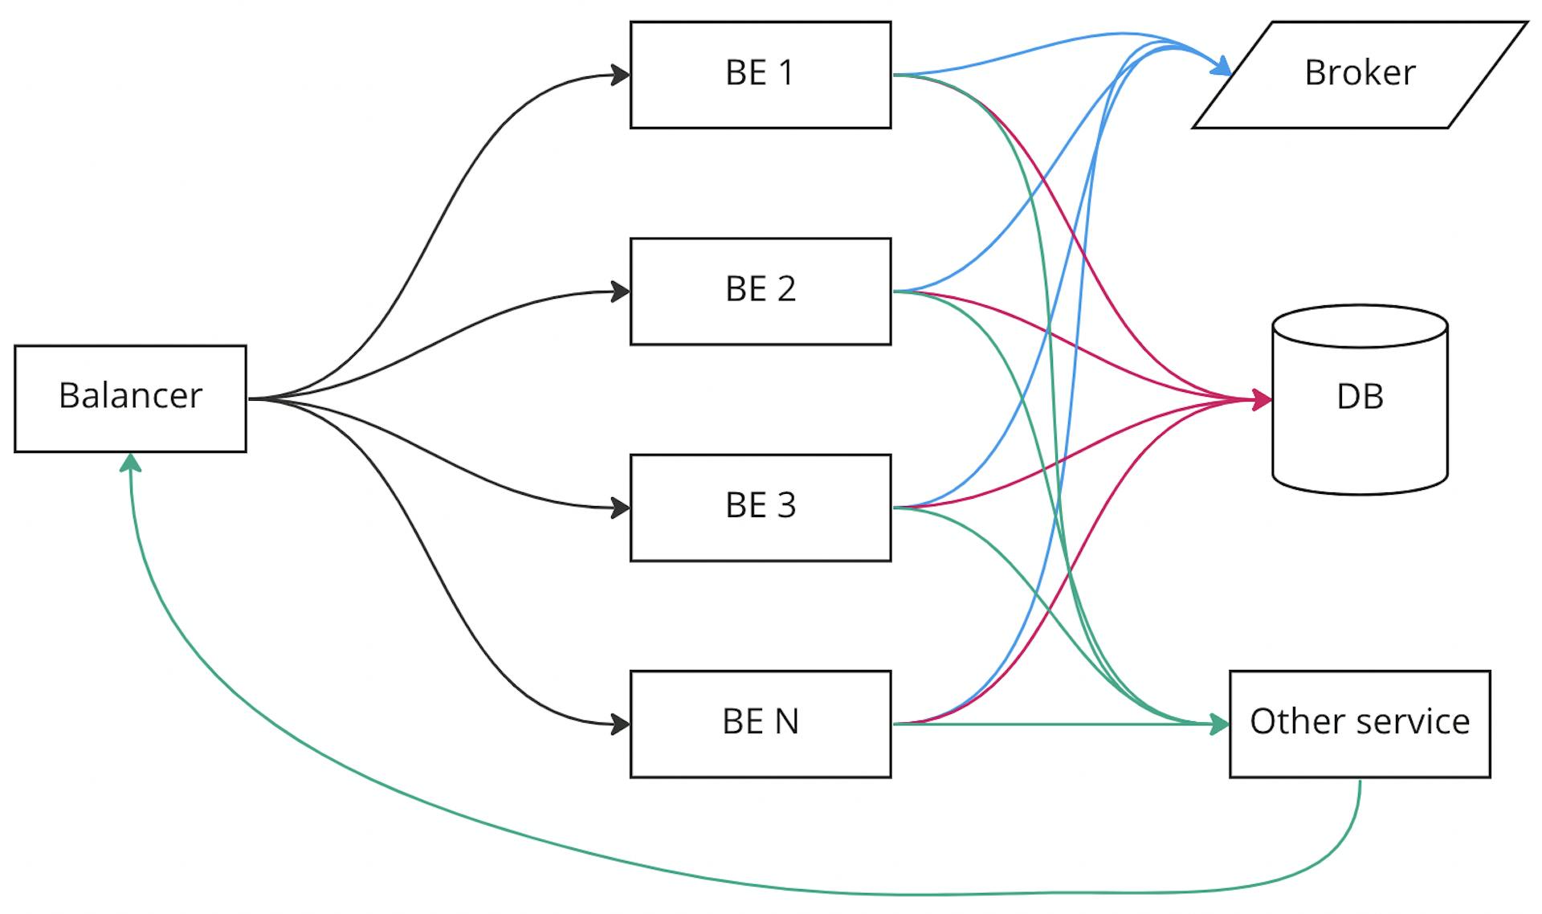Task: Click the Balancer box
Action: tap(130, 398)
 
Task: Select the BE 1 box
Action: tap(760, 75)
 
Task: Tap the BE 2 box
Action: tap(760, 291)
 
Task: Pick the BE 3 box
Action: tap(760, 507)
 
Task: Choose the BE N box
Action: tap(760, 723)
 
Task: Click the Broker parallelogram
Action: tap(1359, 75)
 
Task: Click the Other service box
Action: tap(1359, 723)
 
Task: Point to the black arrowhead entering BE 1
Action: tap(621, 75)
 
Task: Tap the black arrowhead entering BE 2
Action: tap(621, 292)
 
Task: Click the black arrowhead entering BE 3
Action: tap(621, 508)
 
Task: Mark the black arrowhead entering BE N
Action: tap(621, 724)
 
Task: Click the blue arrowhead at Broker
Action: tap(1222, 67)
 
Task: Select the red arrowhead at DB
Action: tap(1263, 398)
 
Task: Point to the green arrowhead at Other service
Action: tap(1220, 724)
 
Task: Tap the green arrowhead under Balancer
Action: tap(130, 463)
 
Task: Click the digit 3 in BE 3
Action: tap(785, 505)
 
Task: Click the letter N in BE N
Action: tap(785, 721)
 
